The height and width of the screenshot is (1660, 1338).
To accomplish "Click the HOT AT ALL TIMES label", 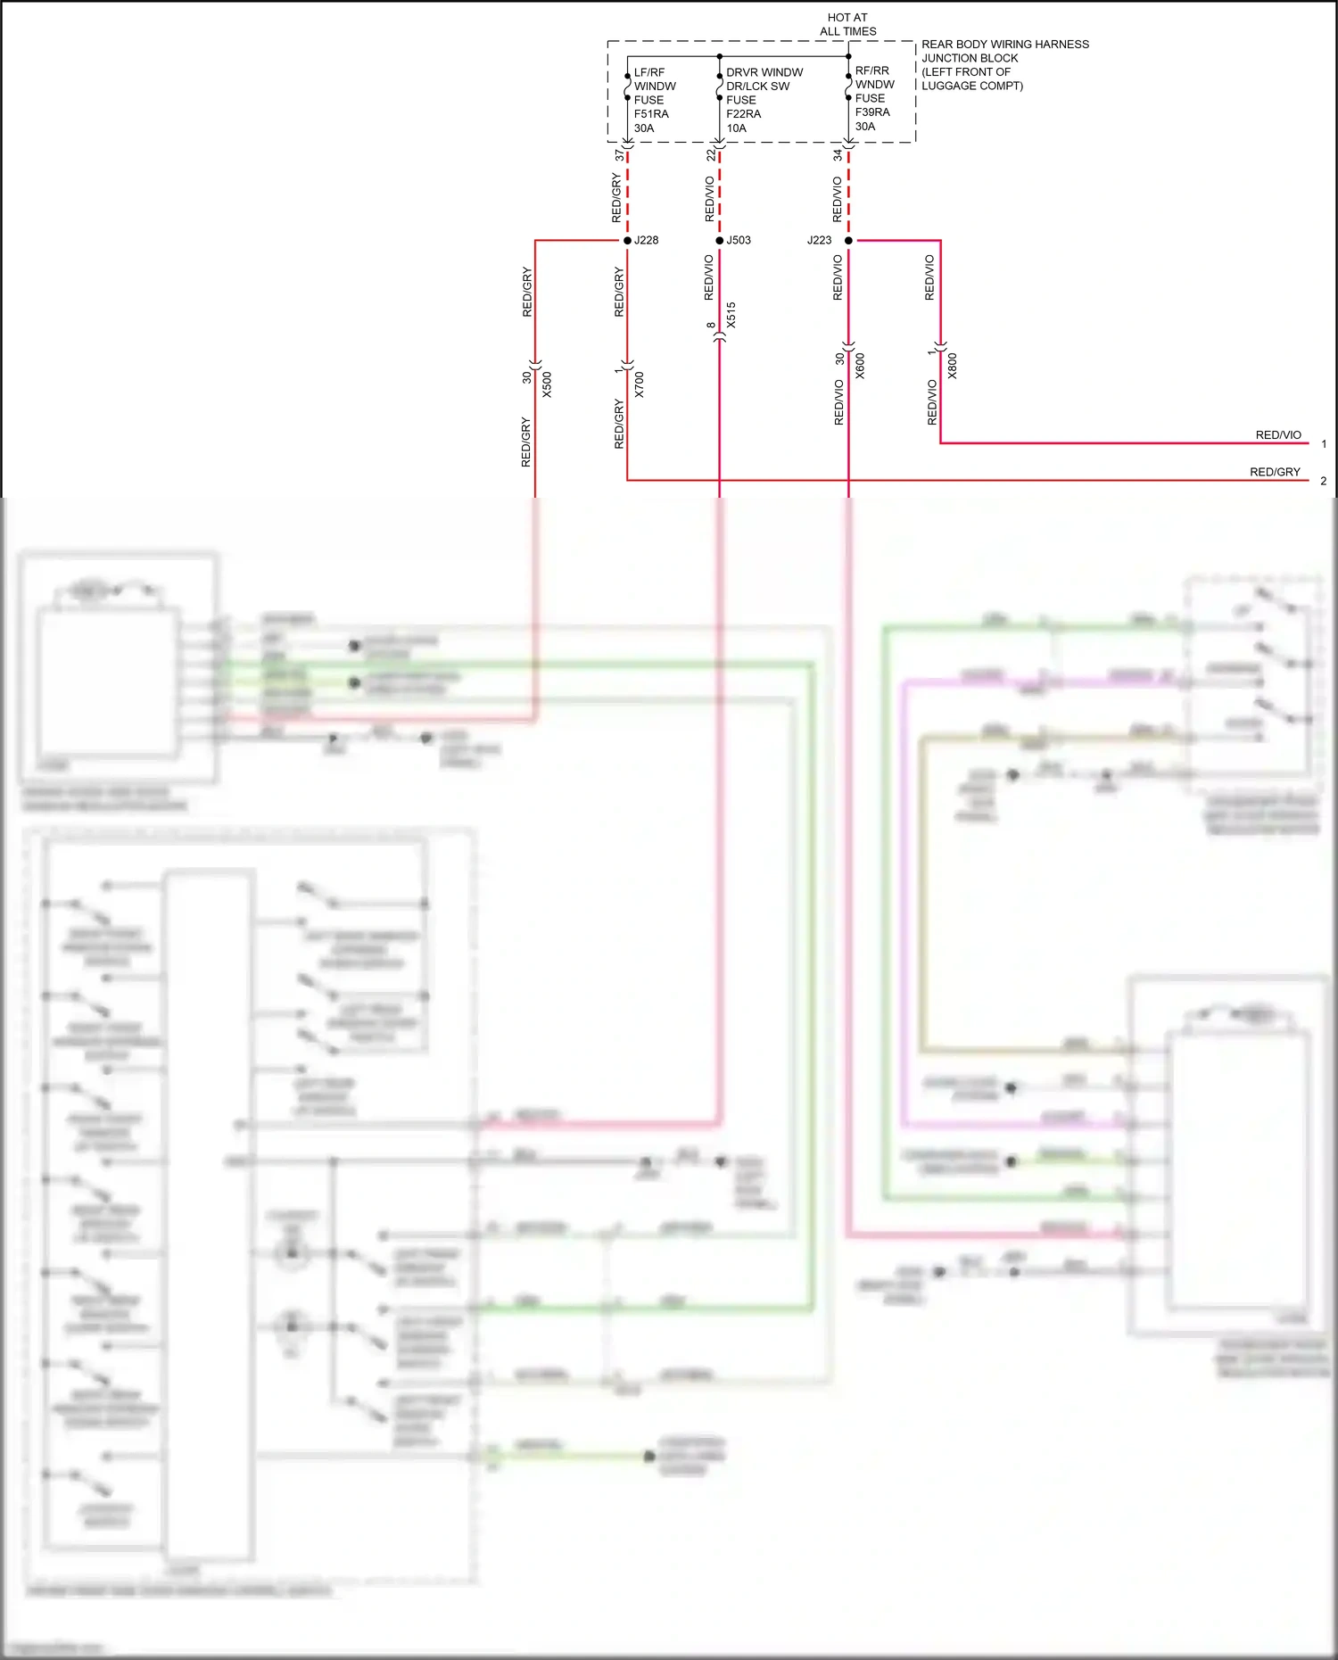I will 847,24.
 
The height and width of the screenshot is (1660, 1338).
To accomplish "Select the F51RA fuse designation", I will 651,114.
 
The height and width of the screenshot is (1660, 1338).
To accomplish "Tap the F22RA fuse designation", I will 743,114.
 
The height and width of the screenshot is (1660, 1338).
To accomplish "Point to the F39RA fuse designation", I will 872,112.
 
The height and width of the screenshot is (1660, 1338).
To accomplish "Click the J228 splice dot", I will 627,241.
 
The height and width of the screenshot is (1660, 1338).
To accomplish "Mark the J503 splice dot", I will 720,241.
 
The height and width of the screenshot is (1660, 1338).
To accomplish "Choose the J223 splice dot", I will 848,241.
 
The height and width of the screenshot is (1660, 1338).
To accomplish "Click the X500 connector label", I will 547,384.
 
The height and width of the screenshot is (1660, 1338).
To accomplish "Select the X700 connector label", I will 639,384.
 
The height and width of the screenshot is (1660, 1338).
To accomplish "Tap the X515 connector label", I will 731,315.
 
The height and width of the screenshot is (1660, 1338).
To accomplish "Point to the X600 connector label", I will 860,366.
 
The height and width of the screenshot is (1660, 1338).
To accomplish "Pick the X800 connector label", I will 952,366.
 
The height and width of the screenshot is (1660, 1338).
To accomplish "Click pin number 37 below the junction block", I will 619,155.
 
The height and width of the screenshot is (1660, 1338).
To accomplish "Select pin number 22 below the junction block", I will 711,155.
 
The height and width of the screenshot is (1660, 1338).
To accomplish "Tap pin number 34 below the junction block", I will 838,155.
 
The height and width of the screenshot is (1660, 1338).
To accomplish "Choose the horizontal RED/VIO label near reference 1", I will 1277,435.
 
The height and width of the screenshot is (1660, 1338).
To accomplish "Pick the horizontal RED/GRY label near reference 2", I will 1274,472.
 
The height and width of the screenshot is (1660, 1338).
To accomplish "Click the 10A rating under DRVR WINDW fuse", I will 736,128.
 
